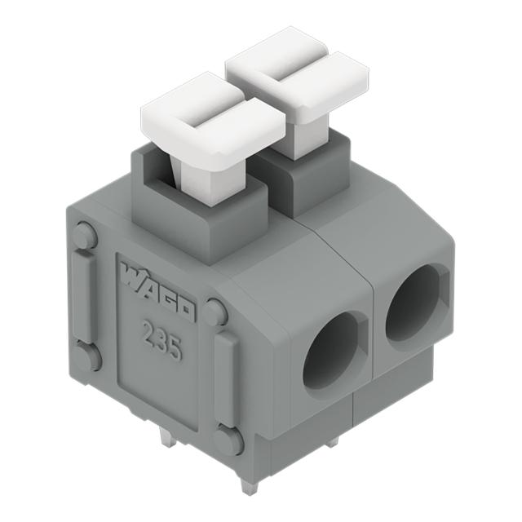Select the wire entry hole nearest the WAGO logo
330,351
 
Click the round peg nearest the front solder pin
228,440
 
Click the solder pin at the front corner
249,481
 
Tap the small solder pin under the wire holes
334,441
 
